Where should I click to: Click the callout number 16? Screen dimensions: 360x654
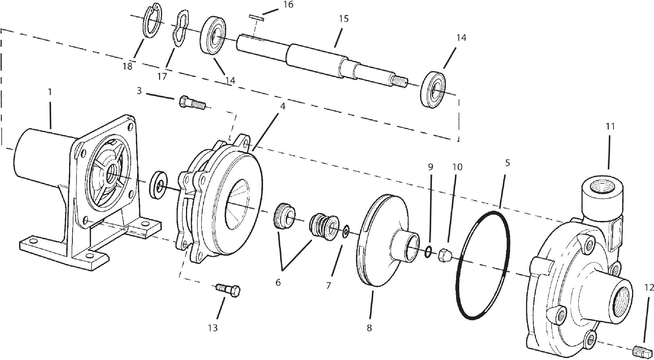click(288, 5)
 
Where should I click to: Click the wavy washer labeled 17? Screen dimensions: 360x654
click(181, 28)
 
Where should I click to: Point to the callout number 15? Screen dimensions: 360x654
click(343, 19)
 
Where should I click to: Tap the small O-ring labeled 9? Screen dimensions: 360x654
click(429, 252)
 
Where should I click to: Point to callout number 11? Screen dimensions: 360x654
click(610, 126)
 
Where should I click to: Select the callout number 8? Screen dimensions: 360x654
click(369, 328)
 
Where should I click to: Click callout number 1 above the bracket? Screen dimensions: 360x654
click(50, 92)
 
